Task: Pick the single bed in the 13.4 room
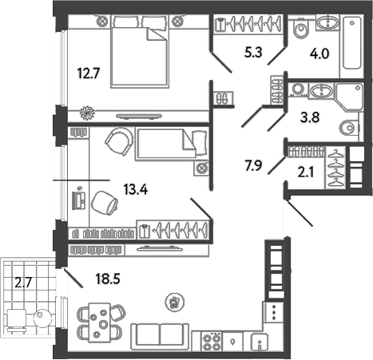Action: [x=165, y=145]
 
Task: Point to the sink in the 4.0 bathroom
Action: [x=327, y=22]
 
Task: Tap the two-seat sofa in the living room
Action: [x=160, y=334]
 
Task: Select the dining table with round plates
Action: [x=101, y=325]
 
